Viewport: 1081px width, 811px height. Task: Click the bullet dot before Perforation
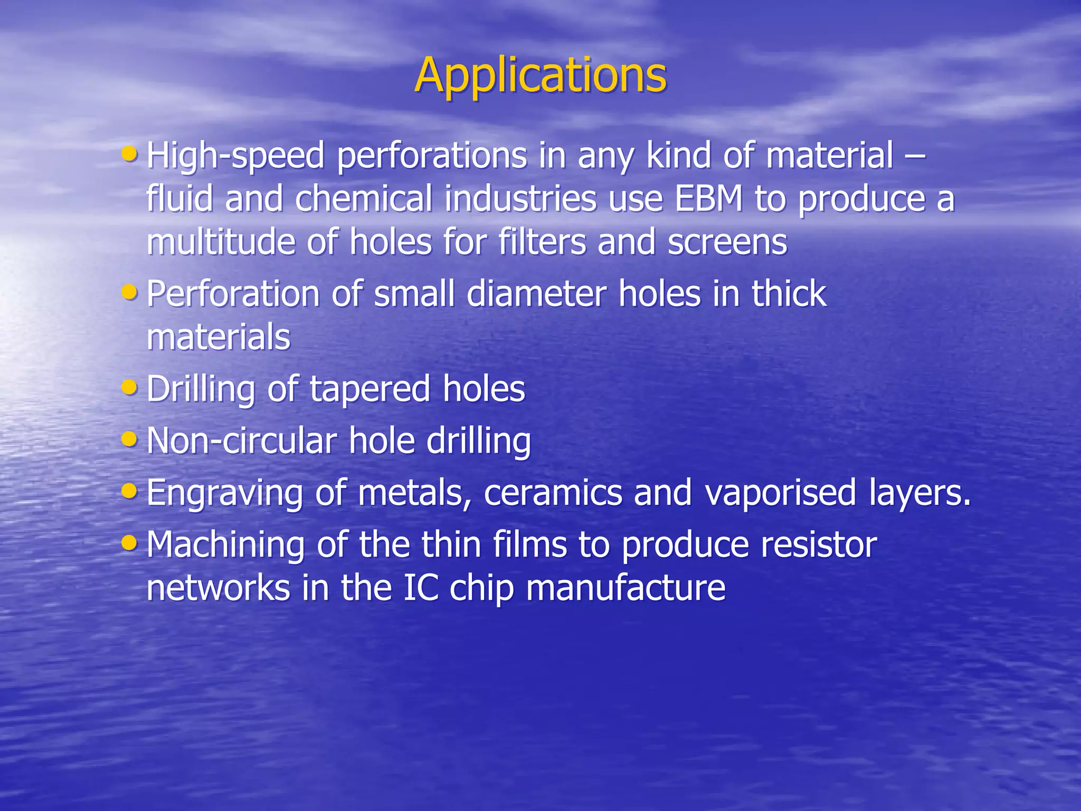click(129, 292)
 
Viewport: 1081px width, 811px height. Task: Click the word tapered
click(370, 390)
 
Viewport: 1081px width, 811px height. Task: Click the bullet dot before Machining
click(129, 542)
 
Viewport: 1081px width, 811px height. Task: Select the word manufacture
click(625, 588)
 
